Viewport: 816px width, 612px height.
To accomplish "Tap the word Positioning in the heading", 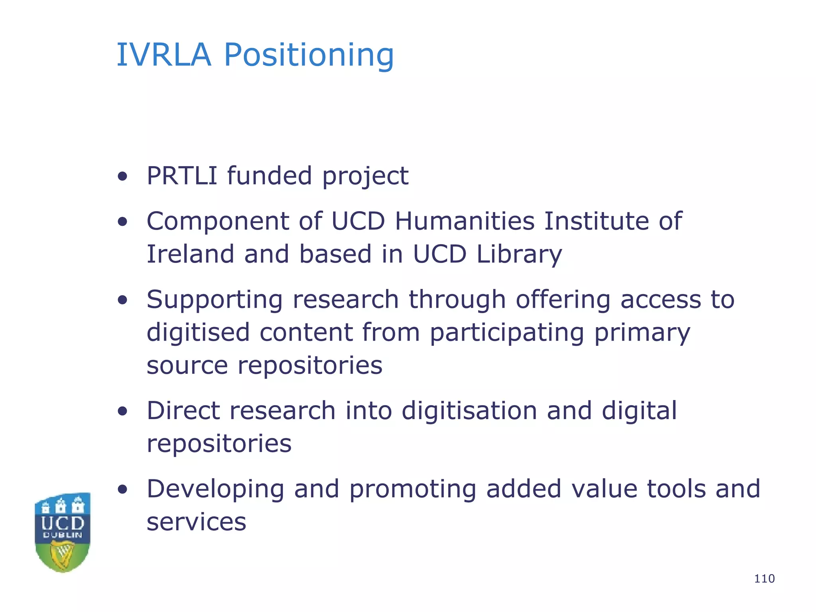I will click(309, 56).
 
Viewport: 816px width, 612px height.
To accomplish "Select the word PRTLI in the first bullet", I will click(182, 176).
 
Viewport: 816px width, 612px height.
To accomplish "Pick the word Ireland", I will click(190, 254).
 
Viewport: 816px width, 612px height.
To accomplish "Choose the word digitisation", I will click(469, 410).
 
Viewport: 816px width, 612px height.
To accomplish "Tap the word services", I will click(196, 522).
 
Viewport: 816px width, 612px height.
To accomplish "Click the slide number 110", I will click(764, 579).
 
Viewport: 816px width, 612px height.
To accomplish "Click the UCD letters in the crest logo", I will click(63, 523).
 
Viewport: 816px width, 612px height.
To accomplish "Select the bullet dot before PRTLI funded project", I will click(123, 176).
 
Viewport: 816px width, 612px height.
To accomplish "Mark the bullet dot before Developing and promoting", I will click(123, 489).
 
